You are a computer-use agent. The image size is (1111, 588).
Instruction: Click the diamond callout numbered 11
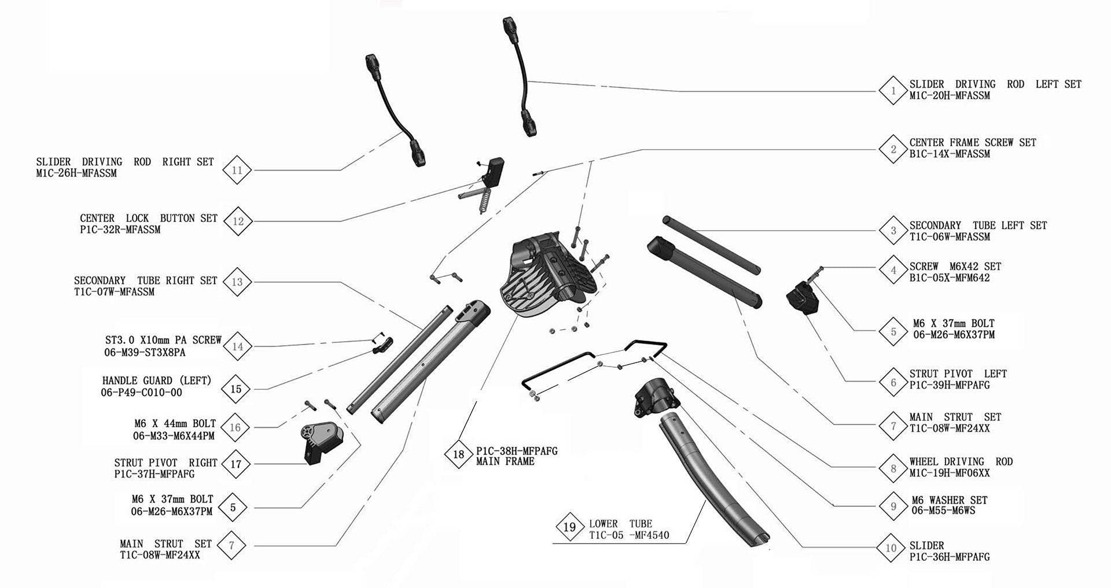pyautogui.click(x=237, y=170)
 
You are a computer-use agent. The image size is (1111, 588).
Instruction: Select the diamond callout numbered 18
pyautogui.click(x=459, y=454)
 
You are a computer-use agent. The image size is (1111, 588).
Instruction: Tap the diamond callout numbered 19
pyautogui.click(x=570, y=527)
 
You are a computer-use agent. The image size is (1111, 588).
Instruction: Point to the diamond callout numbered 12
pyautogui.click(x=238, y=221)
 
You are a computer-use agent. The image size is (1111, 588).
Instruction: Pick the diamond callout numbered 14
pyautogui.click(x=237, y=346)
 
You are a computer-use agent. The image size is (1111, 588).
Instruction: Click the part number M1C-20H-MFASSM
pyautogui.click(x=950, y=95)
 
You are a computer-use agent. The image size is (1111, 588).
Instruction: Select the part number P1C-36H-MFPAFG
pyautogui.click(x=950, y=557)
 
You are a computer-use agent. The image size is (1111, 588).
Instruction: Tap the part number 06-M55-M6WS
pyautogui.click(x=943, y=511)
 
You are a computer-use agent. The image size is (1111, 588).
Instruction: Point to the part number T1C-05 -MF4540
pyautogui.click(x=629, y=535)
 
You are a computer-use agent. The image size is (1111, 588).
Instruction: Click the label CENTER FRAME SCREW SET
pyautogui.click(x=973, y=142)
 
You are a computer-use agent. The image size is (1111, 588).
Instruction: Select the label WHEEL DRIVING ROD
pyautogui.click(x=961, y=461)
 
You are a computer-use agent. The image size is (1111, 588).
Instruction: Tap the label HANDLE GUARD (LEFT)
pyautogui.click(x=157, y=380)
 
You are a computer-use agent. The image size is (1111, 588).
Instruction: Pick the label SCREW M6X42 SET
pyautogui.click(x=955, y=267)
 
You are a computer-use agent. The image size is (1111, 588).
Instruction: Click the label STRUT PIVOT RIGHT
pyautogui.click(x=165, y=463)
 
